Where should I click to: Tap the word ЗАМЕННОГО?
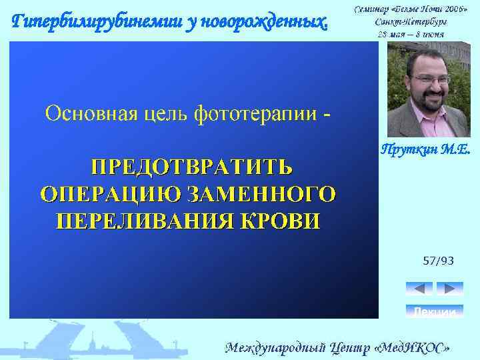click(x=261, y=193)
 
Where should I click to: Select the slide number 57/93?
click(x=438, y=261)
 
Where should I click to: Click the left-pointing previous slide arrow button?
click(x=419, y=289)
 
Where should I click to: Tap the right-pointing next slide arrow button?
click(x=449, y=289)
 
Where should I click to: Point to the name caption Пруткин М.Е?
click(x=425, y=151)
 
